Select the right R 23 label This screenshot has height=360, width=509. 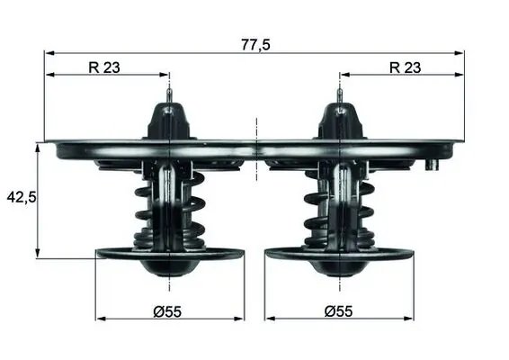tap(405, 66)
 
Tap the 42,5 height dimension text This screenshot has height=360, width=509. tap(20, 197)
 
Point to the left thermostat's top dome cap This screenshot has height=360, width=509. tap(169, 121)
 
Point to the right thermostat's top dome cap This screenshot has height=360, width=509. tap(339, 121)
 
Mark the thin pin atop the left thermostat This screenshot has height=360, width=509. tap(169, 94)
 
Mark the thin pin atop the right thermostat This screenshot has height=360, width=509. tap(339, 94)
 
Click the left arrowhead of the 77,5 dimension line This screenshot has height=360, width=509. tap(49, 53)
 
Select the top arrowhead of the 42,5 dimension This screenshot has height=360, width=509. tap(37, 147)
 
